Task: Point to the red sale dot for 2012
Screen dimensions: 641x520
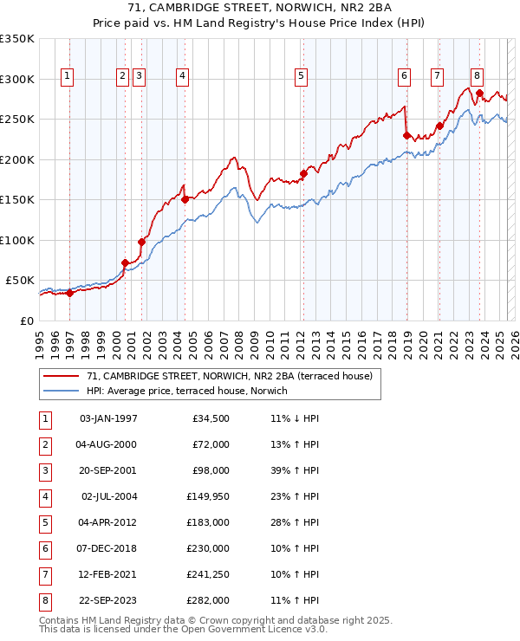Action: pos(303,173)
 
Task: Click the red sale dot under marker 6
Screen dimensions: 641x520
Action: pos(406,135)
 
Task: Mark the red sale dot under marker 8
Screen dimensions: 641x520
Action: pos(479,94)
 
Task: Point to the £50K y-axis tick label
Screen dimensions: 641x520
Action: pos(20,281)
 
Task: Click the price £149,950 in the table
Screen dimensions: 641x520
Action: pos(205,496)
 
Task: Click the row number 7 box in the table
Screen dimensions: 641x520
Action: pos(42,574)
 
